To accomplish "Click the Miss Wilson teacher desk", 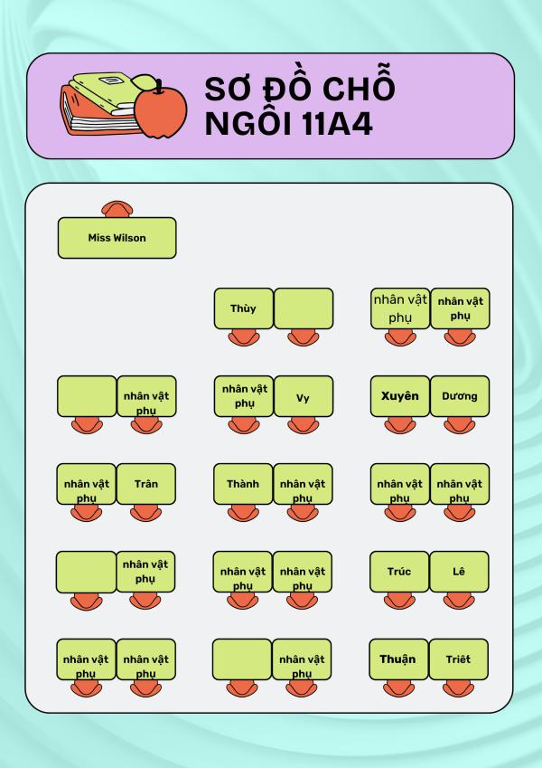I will tap(117, 238).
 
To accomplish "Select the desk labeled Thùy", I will tap(243, 308).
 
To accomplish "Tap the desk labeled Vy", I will tap(303, 396).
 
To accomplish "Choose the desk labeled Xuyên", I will tap(400, 396).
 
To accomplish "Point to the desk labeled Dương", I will tap(460, 396).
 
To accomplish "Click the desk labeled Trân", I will tap(146, 484).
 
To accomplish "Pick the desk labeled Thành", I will tap(243, 484).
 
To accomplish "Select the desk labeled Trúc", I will tap(399, 572).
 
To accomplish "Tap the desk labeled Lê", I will tap(460, 572).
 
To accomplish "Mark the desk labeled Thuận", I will tap(398, 659).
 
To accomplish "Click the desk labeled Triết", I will tap(460, 659).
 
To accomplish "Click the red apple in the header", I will tap(160, 110).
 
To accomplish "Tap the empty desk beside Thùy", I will tap(304, 308).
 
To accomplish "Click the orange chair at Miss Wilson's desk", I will tap(116, 210).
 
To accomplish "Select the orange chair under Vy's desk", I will tap(303, 425).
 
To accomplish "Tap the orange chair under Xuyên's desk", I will tap(400, 425).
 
